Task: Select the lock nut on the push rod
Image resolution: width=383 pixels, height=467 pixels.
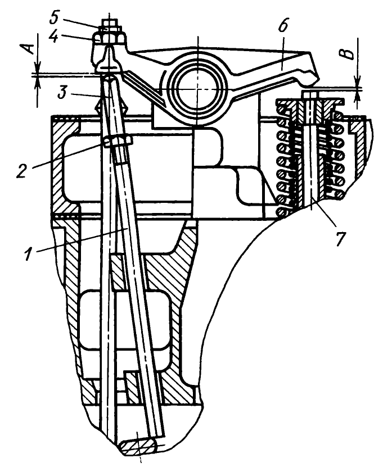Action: (x=117, y=140)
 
